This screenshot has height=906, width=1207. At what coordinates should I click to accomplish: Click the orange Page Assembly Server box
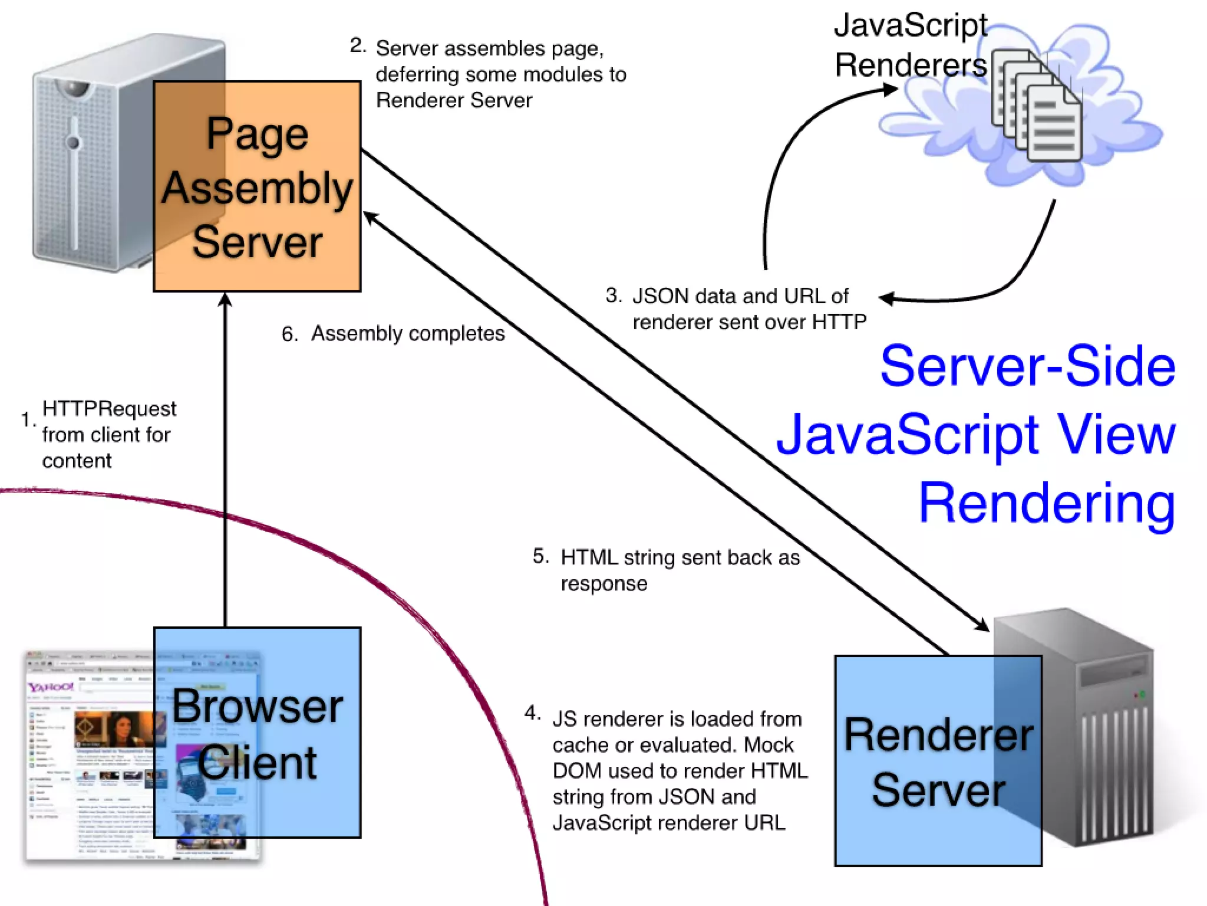[257, 186]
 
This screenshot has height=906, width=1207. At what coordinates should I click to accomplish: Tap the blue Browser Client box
[257, 733]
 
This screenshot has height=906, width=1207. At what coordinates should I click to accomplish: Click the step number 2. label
[357, 45]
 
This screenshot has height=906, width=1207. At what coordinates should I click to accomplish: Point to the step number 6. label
[289, 334]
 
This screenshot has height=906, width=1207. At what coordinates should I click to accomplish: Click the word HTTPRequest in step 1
[109, 408]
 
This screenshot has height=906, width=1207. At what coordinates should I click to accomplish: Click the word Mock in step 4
[769, 745]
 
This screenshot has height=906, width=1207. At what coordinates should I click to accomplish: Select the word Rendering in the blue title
[1047, 503]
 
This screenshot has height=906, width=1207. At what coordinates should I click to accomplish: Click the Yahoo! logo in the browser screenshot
[51, 687]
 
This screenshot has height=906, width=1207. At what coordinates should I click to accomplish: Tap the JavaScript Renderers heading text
[911, 45]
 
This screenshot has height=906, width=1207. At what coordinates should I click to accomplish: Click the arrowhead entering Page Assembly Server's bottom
[225, 300]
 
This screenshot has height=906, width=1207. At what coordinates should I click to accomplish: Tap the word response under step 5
[603, 583]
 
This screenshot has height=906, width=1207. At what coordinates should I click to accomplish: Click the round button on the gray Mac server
[73, 142]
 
